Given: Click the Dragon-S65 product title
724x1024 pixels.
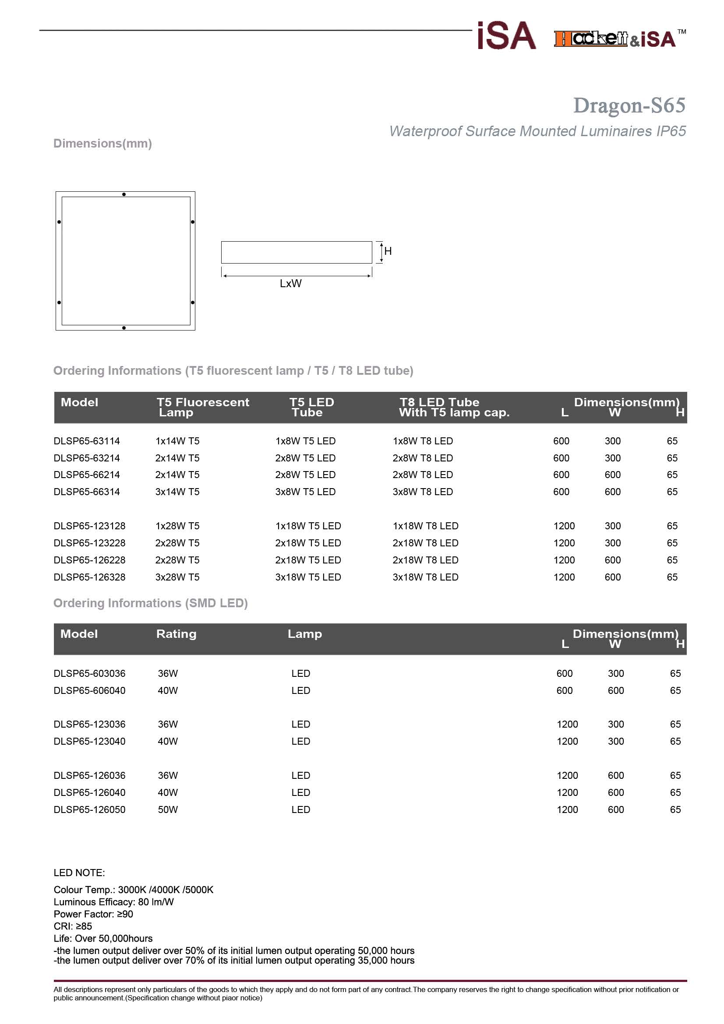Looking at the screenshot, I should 629,106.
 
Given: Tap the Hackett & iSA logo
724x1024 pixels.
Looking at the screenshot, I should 615,39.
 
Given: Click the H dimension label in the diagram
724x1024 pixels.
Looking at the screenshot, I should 388,251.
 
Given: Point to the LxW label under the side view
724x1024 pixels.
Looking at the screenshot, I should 290,284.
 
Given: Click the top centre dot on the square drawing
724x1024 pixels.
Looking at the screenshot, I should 124,194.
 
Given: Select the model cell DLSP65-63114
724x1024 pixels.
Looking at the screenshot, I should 87,441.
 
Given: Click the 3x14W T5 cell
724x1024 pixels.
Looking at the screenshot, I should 177,492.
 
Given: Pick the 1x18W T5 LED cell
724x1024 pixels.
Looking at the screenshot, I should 308,526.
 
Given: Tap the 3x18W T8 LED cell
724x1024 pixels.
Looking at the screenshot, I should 425,577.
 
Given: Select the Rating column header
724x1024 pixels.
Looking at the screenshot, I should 176,634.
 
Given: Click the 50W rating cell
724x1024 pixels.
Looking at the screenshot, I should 168,809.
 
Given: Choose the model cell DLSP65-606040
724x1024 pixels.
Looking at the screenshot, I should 89,690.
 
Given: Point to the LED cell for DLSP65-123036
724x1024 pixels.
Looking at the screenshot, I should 300,724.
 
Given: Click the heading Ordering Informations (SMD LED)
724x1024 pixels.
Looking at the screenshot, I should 150,603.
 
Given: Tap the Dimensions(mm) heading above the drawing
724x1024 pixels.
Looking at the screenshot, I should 102,143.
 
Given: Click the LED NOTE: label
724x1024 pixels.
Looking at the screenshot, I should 79,873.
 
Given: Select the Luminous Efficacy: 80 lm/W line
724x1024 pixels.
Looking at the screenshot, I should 113,902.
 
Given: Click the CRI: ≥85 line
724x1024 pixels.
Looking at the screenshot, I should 73,926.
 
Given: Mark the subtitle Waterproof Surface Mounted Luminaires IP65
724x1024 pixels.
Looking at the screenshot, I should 537,131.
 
